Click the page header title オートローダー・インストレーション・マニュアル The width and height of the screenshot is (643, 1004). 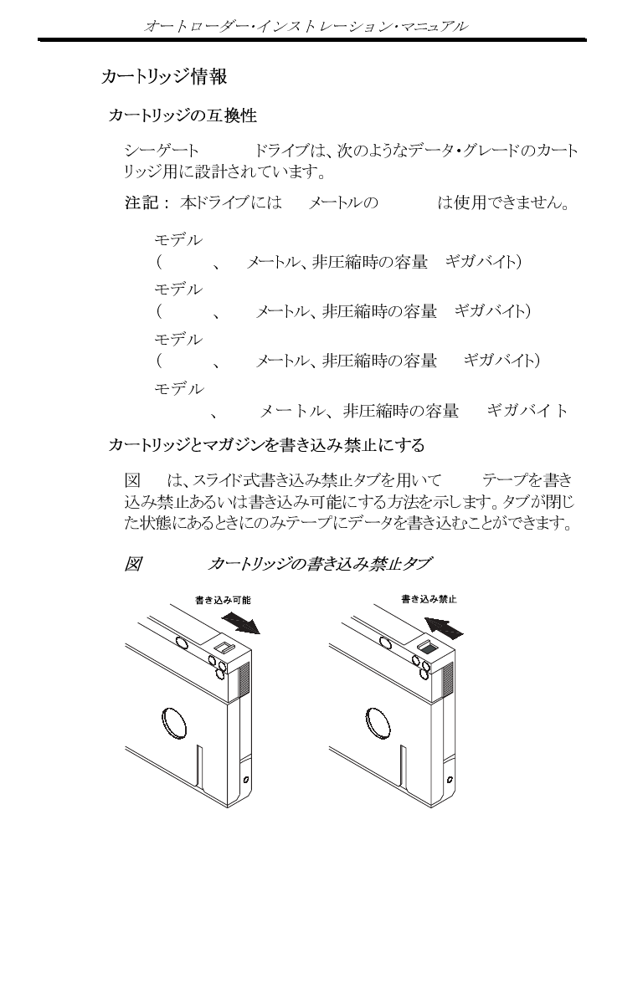click(x=306, y=26)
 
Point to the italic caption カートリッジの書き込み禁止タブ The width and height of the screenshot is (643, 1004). click(x=319, y=565)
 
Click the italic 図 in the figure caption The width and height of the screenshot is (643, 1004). click(x=131, y=565)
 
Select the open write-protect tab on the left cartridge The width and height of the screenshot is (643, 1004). click(x=224, y=648)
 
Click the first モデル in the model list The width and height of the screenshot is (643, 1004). click(x=178, y=240)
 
